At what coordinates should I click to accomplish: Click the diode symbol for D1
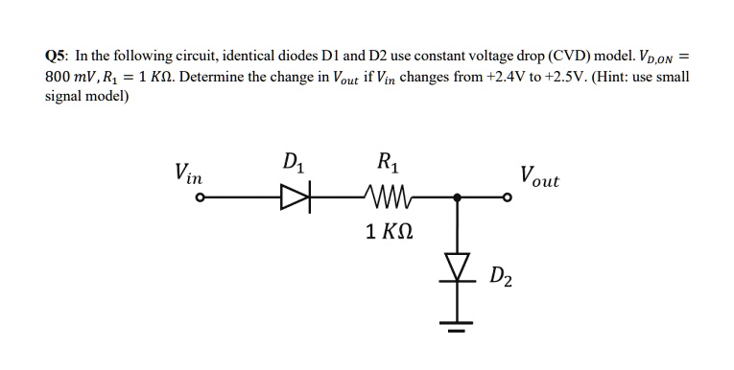(x=290, y=199)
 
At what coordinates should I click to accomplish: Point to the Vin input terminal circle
(x=200, y=199)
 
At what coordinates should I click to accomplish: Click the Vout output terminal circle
(x=510, y=199)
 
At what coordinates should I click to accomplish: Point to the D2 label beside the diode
(x=500, y=279)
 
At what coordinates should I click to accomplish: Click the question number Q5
(x=58, y=55)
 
